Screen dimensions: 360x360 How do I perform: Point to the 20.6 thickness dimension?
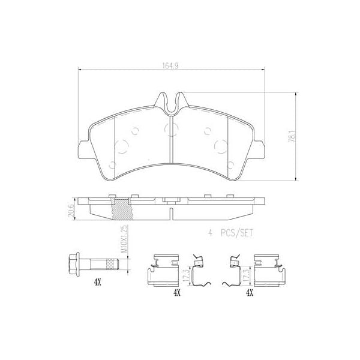[x=69, y=209]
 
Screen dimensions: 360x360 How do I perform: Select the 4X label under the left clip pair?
[x=177, y=293]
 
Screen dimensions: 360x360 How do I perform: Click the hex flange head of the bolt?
[x=73, y=263]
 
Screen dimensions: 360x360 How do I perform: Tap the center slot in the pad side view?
[x=172, y=212]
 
